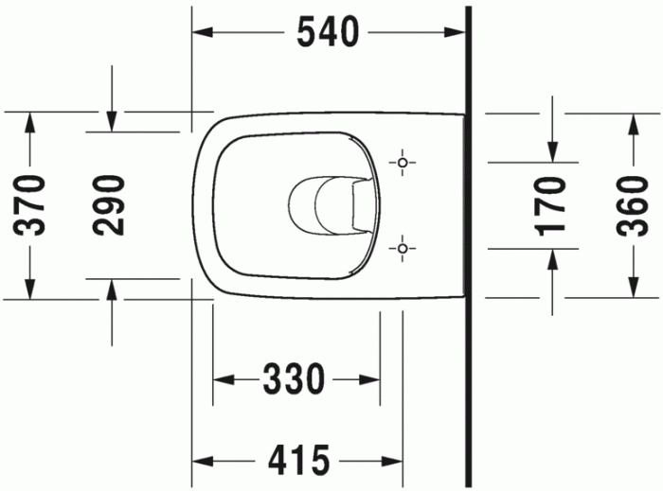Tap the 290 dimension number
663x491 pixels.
tap(112, 204)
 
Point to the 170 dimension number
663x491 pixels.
tap(552, 204)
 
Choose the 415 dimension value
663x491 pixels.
tap(297, 461)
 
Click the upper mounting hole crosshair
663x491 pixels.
tap(403, 164)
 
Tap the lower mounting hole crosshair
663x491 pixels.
tap(403, 249)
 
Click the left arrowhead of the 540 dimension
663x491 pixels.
tap(201, 32)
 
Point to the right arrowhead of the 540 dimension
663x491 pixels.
tap(459, 32)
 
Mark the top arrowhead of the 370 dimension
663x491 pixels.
tap(30, 121)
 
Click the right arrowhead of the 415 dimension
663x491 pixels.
tap(395, 461)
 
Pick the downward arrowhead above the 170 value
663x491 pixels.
tap(553, 151)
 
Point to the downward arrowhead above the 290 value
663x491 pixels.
tap(112, 121)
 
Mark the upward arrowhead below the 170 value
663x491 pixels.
tap(553, 259)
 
